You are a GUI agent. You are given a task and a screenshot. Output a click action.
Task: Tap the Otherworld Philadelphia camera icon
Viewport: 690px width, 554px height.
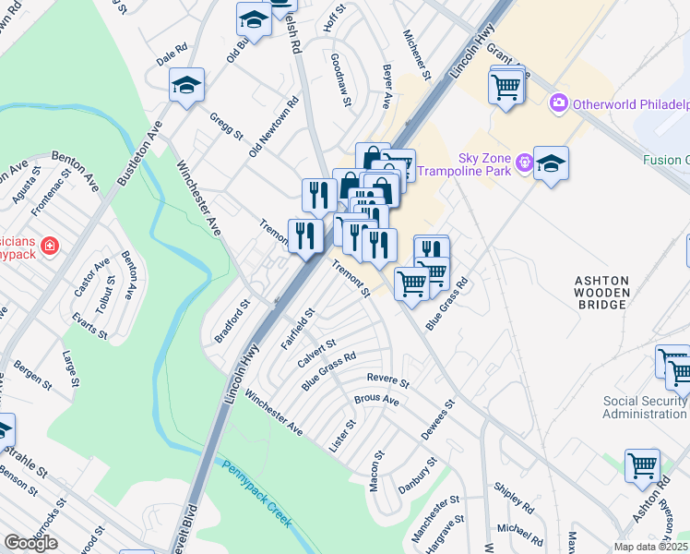click(x=558, y=102)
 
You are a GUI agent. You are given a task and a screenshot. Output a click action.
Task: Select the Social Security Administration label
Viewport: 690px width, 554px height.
click(x=645, y=407)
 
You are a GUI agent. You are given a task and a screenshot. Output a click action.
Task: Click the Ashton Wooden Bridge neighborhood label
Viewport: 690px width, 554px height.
click(x=602, y=294)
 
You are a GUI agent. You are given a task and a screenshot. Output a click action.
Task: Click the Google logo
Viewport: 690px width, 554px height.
click(x=30, y=543)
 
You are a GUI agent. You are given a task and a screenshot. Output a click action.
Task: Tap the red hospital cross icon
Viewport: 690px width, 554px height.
click(x=49, y=247)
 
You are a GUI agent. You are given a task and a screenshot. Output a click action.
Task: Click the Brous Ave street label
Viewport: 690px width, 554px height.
click(x=376, y=401)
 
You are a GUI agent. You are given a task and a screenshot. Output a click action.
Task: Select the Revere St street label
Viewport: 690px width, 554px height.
click(x=387, y=379)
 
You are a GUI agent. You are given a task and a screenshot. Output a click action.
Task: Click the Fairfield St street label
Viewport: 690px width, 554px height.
click(x=298, y=330)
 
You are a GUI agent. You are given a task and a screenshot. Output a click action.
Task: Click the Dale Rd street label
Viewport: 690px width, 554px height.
click(x=172, y=54)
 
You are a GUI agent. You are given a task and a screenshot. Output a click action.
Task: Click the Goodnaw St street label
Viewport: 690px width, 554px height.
click(x=341, y=78)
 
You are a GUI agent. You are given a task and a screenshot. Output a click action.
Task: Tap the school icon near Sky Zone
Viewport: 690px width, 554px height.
click(x=551, y=163)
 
